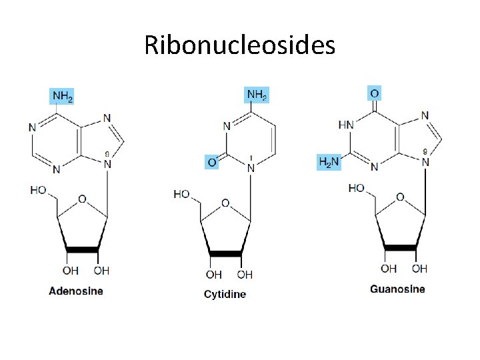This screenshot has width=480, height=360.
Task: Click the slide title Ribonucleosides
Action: point(240,45)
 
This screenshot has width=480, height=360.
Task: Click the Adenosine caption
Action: point(76,291)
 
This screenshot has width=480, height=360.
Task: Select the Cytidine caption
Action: point(225,294)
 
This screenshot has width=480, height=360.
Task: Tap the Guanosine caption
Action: point(397,289)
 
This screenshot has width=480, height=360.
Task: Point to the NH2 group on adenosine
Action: point(62,96)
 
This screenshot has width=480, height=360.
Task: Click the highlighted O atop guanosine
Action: point(375,92)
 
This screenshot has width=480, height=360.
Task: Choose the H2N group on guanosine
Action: point(328,162)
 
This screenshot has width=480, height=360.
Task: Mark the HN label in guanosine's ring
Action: point(346,125)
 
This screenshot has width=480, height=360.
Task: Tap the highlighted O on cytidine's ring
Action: point(211,161)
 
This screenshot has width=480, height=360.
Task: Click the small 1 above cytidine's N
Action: point(251,158)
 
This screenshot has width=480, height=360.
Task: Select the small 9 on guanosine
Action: point(425,151)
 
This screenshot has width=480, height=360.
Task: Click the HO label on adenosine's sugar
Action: point(39,191)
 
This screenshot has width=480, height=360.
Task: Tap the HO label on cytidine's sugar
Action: point(181,194)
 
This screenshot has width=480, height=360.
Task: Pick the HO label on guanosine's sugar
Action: point(357,189)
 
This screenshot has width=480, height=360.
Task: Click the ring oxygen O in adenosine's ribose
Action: point(82,199)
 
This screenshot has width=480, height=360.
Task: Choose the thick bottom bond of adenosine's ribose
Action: point(83,249)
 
